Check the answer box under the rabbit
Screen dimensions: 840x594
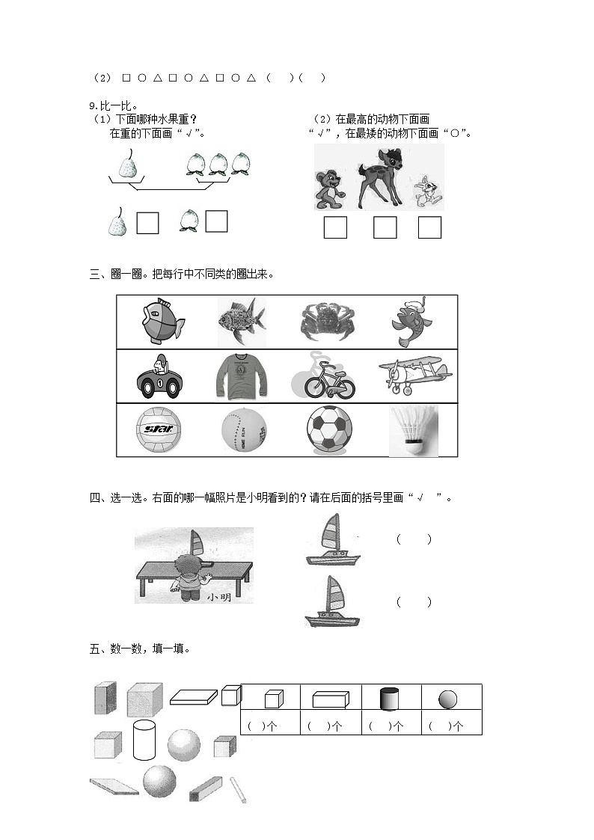(x=429, y=227)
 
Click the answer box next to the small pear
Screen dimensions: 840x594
(x=147, y=223)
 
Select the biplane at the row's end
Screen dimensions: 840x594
(x=413, y=374)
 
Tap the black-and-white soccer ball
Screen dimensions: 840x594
(x=329, y=429)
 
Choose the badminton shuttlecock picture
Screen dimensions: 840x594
(x=413, y=432)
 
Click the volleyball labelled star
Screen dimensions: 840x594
(x=159, y=430)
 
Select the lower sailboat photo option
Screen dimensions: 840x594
(x=331, y=602)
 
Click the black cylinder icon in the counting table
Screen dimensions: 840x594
(x=390, y=699)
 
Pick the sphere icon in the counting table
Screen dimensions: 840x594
(x=447, y=699)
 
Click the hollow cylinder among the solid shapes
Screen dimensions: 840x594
(x=144, y=740)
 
